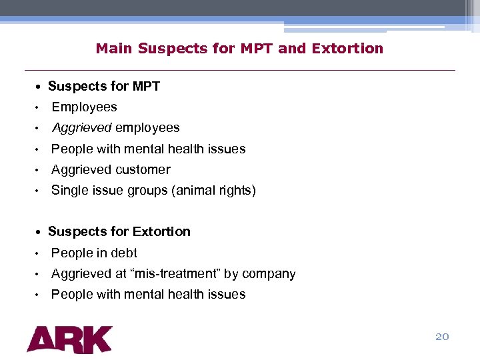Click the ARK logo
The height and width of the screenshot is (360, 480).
(69, 339)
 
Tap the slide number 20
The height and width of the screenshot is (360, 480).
(442, 337)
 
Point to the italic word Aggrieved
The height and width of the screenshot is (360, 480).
(81, 128)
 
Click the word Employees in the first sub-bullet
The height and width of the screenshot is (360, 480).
(84, 107)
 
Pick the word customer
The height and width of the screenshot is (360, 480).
(143, 170)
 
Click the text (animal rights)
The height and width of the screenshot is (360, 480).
(213, 191)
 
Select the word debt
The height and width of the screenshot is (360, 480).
(125, 253)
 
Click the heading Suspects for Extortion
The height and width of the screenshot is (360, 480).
(119, 232)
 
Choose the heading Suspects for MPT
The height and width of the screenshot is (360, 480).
(104, 87)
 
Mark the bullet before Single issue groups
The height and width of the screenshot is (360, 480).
(39, 191)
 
